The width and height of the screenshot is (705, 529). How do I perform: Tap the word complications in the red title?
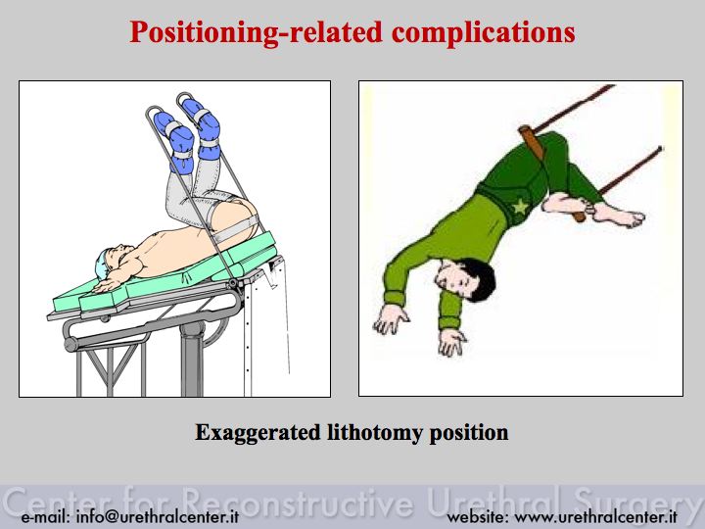click(x=484, y=32)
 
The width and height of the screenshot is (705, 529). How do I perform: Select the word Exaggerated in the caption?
click(x=258, y=433)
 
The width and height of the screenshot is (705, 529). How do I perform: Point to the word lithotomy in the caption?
click(x=375, y=433)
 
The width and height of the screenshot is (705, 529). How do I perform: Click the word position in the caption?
click(x=469, y=433)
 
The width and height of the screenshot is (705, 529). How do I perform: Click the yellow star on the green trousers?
click(x=520, y=207)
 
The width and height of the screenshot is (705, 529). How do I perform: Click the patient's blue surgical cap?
click(x=102, y=264)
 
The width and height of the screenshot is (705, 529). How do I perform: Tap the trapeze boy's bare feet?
click(x=593, y=210)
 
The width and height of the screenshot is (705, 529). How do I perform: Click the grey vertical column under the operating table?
click(x=192, y=359)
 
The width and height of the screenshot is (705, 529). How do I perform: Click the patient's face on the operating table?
click(x=120, y=256)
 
